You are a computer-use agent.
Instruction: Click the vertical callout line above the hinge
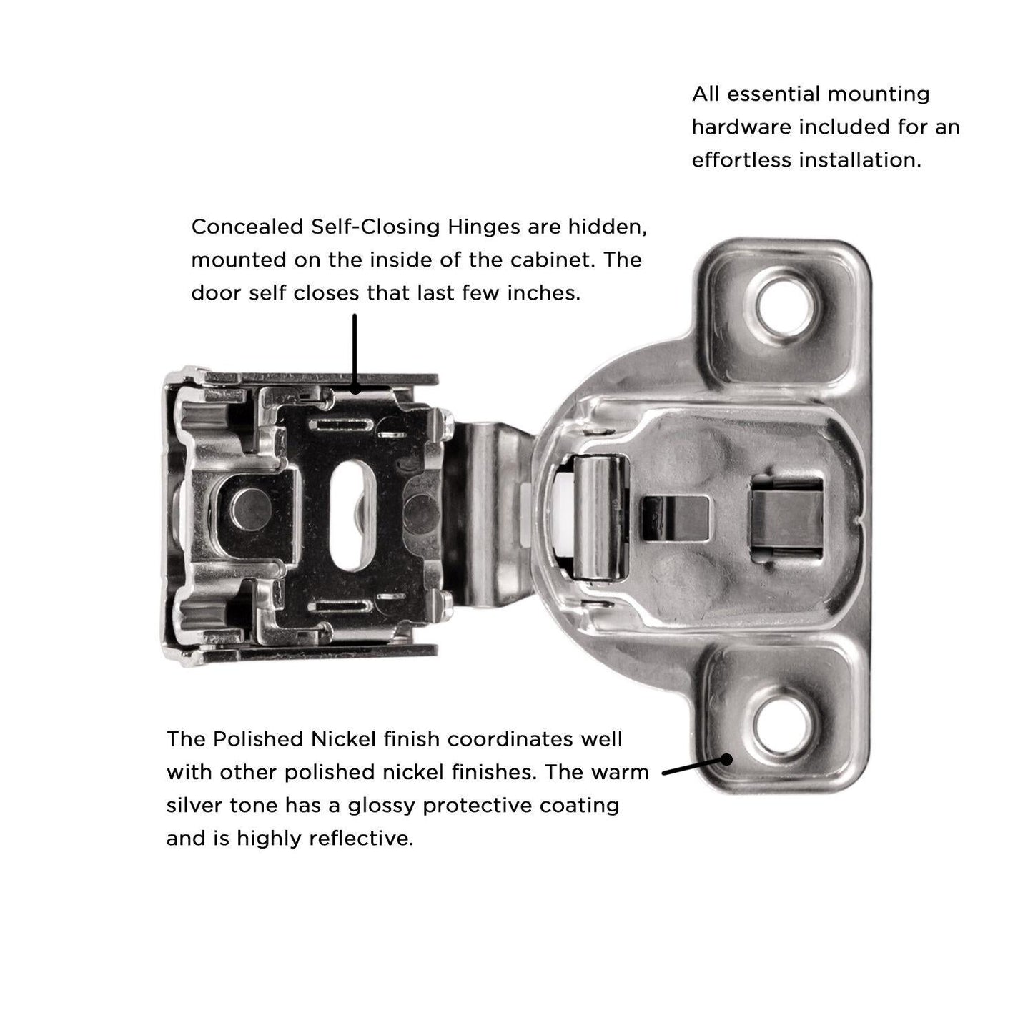354,350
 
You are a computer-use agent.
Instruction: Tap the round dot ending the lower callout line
727,759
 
